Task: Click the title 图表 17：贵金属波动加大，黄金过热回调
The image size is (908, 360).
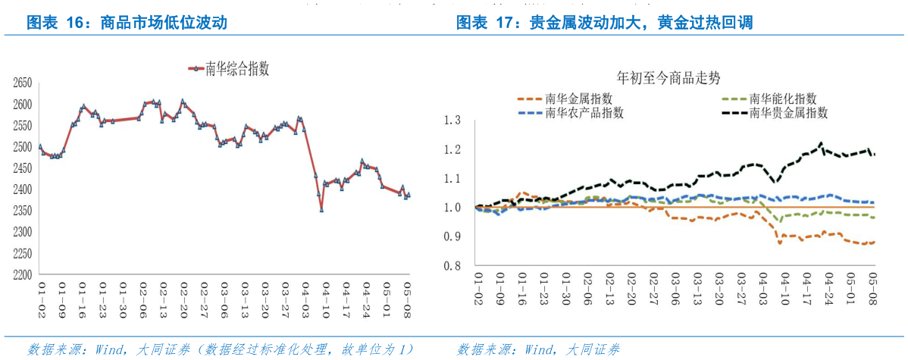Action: coord(604,23)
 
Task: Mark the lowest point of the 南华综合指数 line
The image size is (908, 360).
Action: coord(321,210)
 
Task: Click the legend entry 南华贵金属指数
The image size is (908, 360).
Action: coord(788,113)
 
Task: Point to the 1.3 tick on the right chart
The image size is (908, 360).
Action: coord(452,120)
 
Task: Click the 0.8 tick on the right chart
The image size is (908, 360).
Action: coord(452,266)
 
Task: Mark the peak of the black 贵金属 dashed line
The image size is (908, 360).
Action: coord(820,142)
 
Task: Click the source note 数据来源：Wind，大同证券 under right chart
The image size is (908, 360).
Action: coord(538,349)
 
